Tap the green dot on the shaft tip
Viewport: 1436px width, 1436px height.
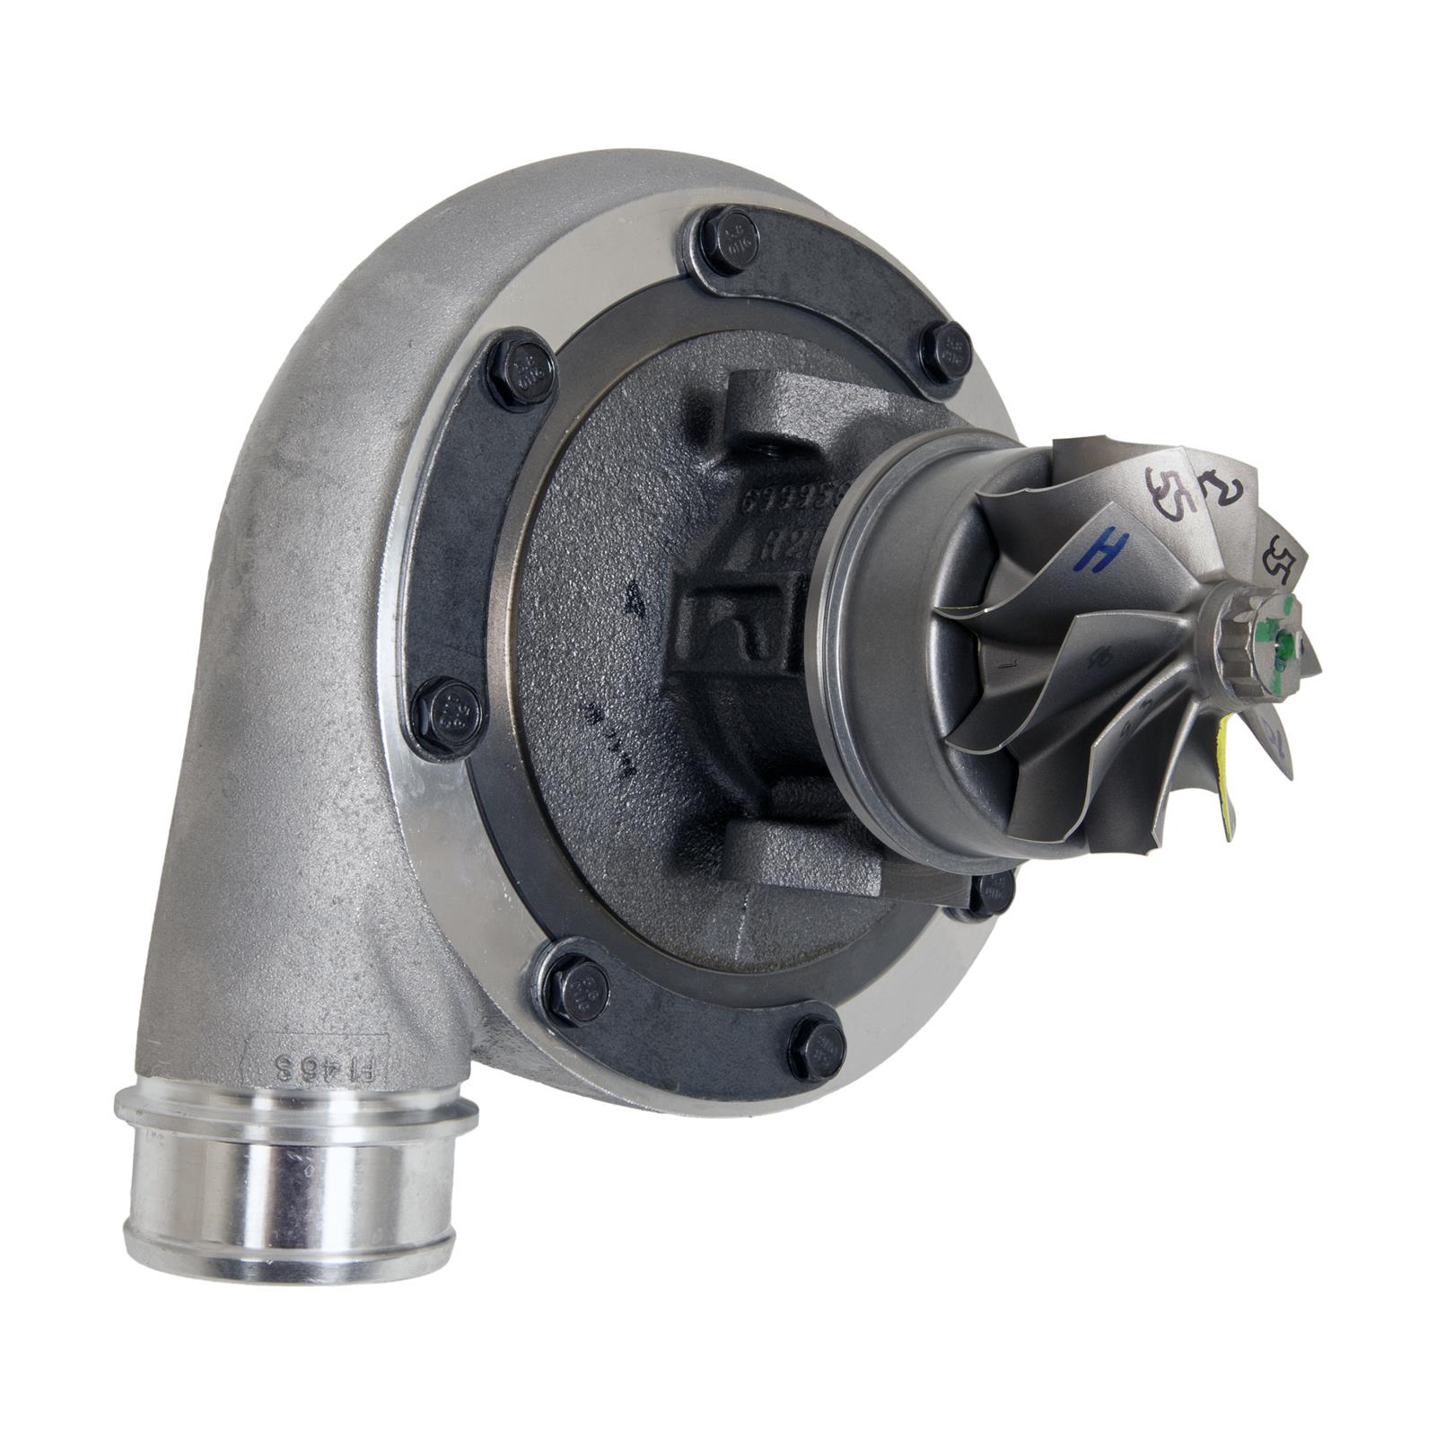[x=1289, y=643]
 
